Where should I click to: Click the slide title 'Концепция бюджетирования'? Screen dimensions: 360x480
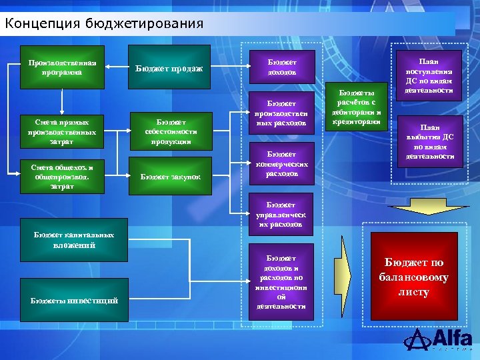pyautogui.click(x=104, y=25)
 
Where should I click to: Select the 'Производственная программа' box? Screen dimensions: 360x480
pyautogui.click(x=62, y=67)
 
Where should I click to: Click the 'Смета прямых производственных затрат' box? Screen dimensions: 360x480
pyautogui.click(x=62, y=131)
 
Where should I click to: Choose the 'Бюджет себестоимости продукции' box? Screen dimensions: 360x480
pyautogui.click(x=170, y=131)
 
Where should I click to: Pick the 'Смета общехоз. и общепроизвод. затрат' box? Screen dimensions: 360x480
pyautogui.click(x=62, y=177)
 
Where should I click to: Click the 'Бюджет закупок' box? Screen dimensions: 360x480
pyautogui.click(x=170, y=177)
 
